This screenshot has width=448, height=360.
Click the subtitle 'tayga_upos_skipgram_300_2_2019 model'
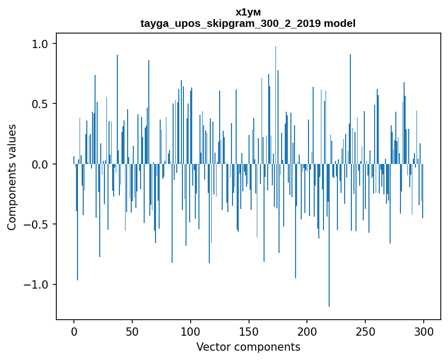click(x=248, y=24)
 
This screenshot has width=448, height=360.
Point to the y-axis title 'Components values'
click(x=12, y=177)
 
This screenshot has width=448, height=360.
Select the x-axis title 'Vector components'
click(x=248, y=347)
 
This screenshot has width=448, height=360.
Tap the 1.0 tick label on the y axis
click(x=39, y=44)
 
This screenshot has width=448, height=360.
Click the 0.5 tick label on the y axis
click(x=39, y=104)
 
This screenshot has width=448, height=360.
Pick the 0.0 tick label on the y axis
click(x=39, y=164)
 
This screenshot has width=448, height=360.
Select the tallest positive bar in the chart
click(x=275, y=103)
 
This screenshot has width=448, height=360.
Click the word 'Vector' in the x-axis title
click(x=211, y=347)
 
